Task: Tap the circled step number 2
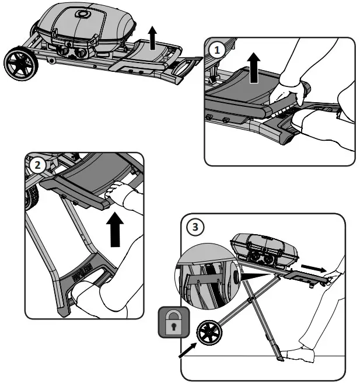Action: point(38,165)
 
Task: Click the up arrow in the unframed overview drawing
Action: point(152,40)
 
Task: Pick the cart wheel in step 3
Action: point(211,333)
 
